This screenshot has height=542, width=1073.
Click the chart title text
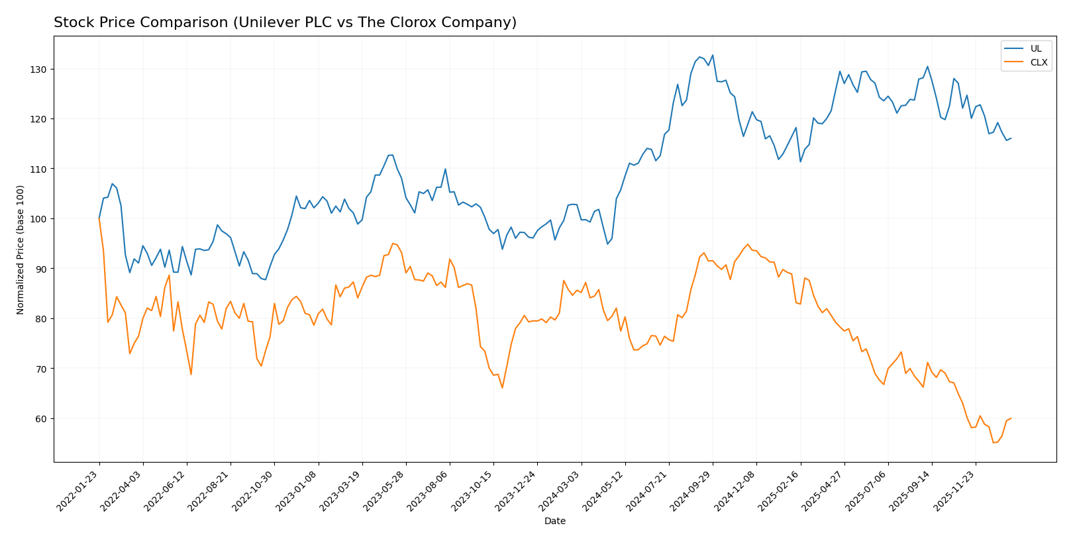click(x=285, y=23)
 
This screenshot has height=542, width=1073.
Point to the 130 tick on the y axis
click(x=40, y=69)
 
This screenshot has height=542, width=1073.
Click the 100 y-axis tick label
click(x=40, y=219)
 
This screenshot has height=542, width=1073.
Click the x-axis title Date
click(x=555, y=521)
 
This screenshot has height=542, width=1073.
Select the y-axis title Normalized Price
click(x=21, y=249)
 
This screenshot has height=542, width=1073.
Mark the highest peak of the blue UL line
click(x=712, y=55)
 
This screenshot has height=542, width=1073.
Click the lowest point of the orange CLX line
click(x=993, y=442)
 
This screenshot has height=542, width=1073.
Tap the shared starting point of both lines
click(x=99, y=218)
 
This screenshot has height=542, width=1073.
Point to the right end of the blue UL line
click(x=1011, y=138)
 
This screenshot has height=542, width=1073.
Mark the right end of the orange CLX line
click(x=1011, y=418)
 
